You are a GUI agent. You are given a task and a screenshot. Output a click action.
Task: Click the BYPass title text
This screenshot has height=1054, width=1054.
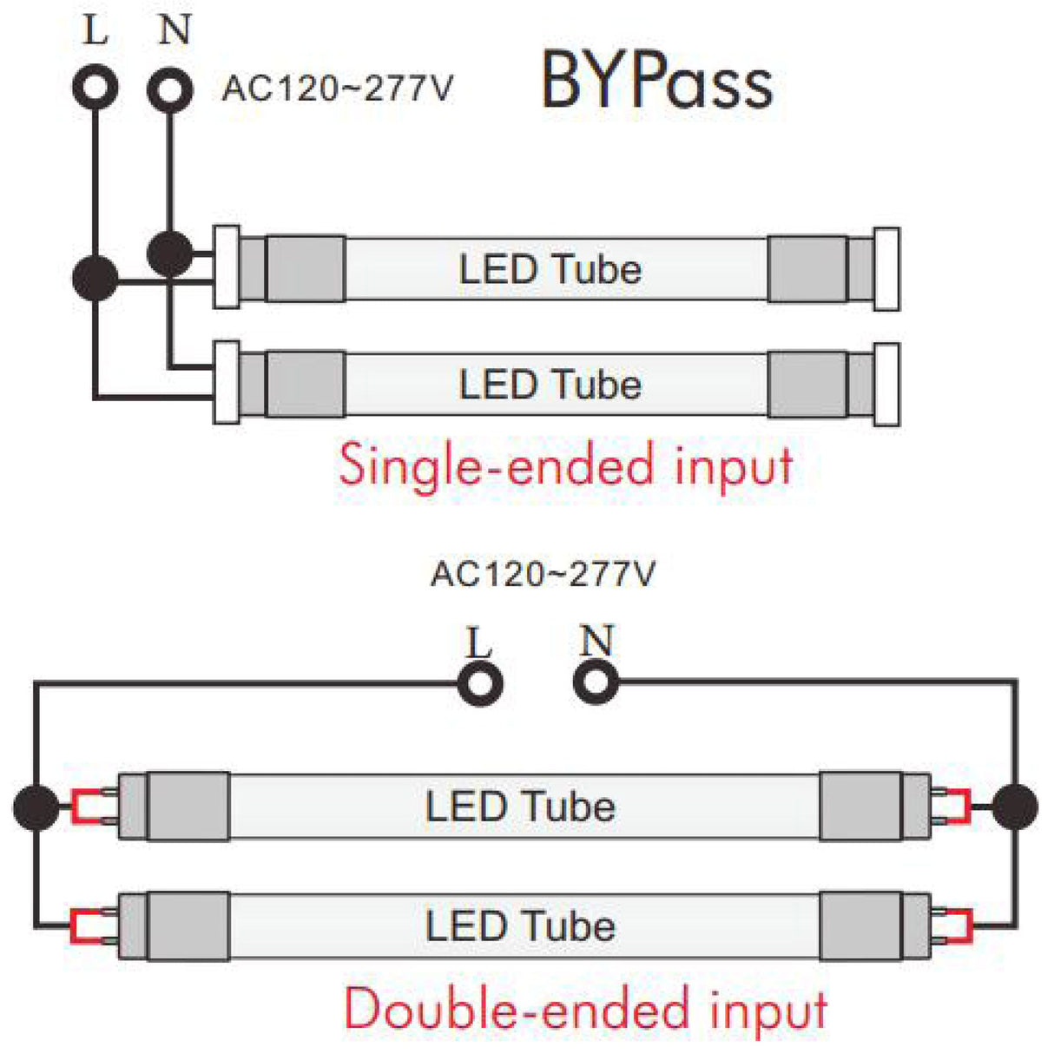657,81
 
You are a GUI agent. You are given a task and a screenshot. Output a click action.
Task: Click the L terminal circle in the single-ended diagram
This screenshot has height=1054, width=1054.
95,87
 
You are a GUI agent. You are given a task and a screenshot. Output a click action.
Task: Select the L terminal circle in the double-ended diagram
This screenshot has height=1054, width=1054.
479,682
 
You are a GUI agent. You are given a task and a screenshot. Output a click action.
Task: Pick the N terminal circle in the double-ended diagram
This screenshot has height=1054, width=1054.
596,682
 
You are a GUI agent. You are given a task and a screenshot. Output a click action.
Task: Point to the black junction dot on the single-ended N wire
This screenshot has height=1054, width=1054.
170,254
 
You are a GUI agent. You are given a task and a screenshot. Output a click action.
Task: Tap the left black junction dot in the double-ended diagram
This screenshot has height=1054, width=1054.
36,807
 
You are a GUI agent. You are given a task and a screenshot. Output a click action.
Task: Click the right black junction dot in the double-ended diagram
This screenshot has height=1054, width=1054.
1014,807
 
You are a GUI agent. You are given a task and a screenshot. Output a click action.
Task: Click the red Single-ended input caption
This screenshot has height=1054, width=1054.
565,465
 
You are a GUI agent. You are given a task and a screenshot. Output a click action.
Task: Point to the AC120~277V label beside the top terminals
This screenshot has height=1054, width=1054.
338,89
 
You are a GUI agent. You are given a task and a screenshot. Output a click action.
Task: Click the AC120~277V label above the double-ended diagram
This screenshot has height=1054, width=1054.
543,574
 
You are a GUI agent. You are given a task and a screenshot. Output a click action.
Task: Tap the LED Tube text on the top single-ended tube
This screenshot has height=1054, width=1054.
550,269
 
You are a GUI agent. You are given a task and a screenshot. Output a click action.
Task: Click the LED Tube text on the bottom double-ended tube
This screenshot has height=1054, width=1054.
521,926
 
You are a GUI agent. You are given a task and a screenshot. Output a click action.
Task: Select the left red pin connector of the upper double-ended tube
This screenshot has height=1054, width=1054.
87,807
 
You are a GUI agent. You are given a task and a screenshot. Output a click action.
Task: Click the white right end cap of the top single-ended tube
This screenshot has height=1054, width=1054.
886,269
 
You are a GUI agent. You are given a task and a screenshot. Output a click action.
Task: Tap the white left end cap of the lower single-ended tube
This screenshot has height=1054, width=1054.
227,383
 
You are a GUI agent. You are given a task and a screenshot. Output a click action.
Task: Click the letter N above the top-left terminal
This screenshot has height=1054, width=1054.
175,30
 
